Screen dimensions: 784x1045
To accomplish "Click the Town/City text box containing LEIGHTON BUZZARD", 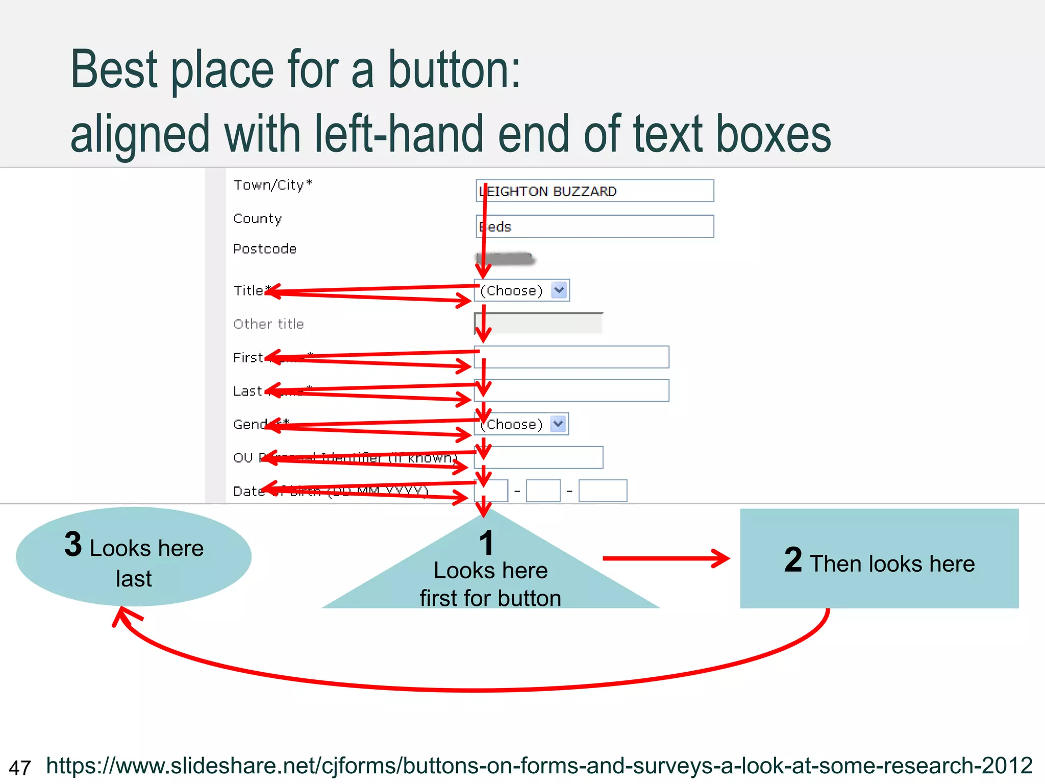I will pos(594,191).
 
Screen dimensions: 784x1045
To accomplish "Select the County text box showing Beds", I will pos(594,227).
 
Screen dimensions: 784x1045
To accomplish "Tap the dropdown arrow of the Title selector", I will pos(559,290).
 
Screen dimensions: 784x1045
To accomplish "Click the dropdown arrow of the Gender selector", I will pos(558,424).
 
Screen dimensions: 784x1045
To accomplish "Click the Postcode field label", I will pos(265,249).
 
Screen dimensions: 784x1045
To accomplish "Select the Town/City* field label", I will pos(272,185).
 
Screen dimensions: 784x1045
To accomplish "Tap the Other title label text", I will pos(268,324).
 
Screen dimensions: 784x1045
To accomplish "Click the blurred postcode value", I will pos(505,259).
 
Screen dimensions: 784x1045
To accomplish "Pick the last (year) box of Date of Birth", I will pos(603,491).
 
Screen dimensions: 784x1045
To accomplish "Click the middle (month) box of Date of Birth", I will pos(543,491).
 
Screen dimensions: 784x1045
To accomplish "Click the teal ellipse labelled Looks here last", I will pos(134,557).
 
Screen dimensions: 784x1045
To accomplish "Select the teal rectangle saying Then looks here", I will pos(879,558).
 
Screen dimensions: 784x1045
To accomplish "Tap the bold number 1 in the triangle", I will pos(487,543).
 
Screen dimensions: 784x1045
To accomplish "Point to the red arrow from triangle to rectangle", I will pos(666,558).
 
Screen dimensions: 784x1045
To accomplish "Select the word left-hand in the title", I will pos(399,134).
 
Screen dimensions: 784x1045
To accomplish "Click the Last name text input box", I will pos(571,390).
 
